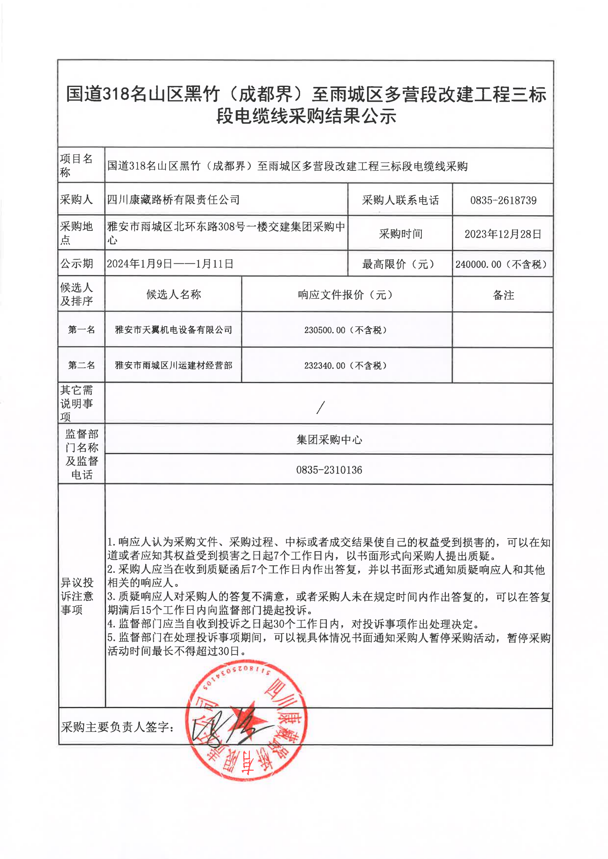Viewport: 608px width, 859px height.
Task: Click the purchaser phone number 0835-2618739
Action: (x=503, y=200)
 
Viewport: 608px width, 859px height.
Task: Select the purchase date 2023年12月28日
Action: (x=503, y=234)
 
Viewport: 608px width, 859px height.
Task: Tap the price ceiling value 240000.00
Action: (x=478, y=264)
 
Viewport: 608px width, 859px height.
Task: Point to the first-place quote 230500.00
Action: (x=324, y=330)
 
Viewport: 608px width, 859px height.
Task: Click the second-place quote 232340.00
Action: (x=324, y=366)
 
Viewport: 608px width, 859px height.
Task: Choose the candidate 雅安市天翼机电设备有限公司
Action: (x=174, y=330)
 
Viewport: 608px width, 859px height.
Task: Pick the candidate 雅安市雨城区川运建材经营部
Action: (x=174, y=365)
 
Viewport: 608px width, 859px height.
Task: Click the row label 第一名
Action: (x=81, y=330)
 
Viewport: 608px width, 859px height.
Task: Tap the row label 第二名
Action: (x=81, y=365)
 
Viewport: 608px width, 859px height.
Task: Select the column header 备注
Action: (x=503, y=295)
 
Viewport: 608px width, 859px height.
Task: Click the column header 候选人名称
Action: (x=174, y=294)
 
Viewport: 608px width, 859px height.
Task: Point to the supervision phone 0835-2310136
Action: (x=329, y=470)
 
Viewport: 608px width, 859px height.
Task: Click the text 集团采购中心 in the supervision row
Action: (x=329, y=440)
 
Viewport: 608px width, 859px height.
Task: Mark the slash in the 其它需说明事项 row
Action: (x=321, y=407)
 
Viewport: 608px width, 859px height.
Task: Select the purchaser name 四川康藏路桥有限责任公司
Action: (x=173, y=199)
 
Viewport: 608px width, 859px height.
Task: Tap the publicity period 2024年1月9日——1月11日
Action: (x=170, y=264)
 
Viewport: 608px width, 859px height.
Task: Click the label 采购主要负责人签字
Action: (x=117, y=727)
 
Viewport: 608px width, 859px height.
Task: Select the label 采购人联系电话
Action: (x=400, y=200)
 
